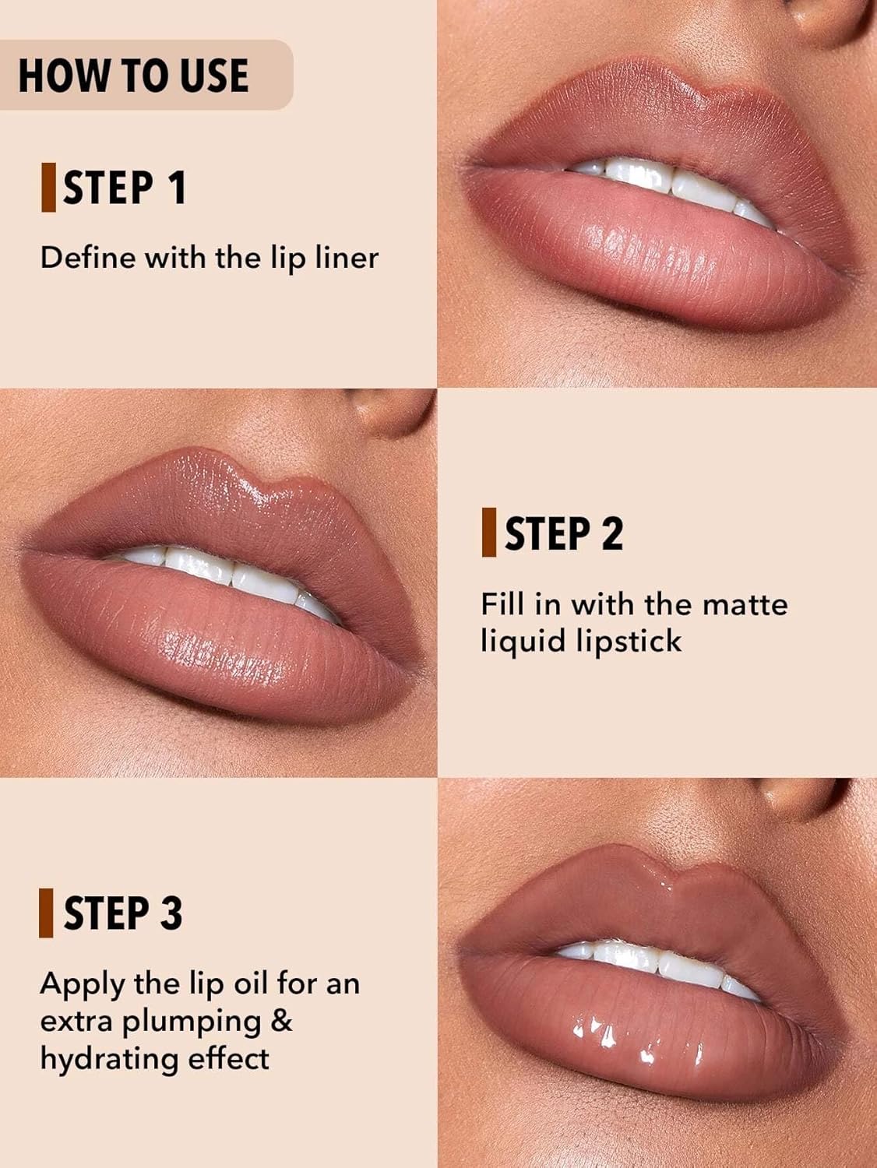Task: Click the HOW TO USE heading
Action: pos(133,76)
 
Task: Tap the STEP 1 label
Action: pos(125,188)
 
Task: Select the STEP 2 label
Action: pos(564,533)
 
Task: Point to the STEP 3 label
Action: pos(123,913)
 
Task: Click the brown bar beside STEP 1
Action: pos(48,188)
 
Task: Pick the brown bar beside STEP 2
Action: pos(489,533)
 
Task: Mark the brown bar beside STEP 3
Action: pos(47,913)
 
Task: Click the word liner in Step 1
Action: pos(347,257)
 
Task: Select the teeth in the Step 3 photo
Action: pos(662,962)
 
